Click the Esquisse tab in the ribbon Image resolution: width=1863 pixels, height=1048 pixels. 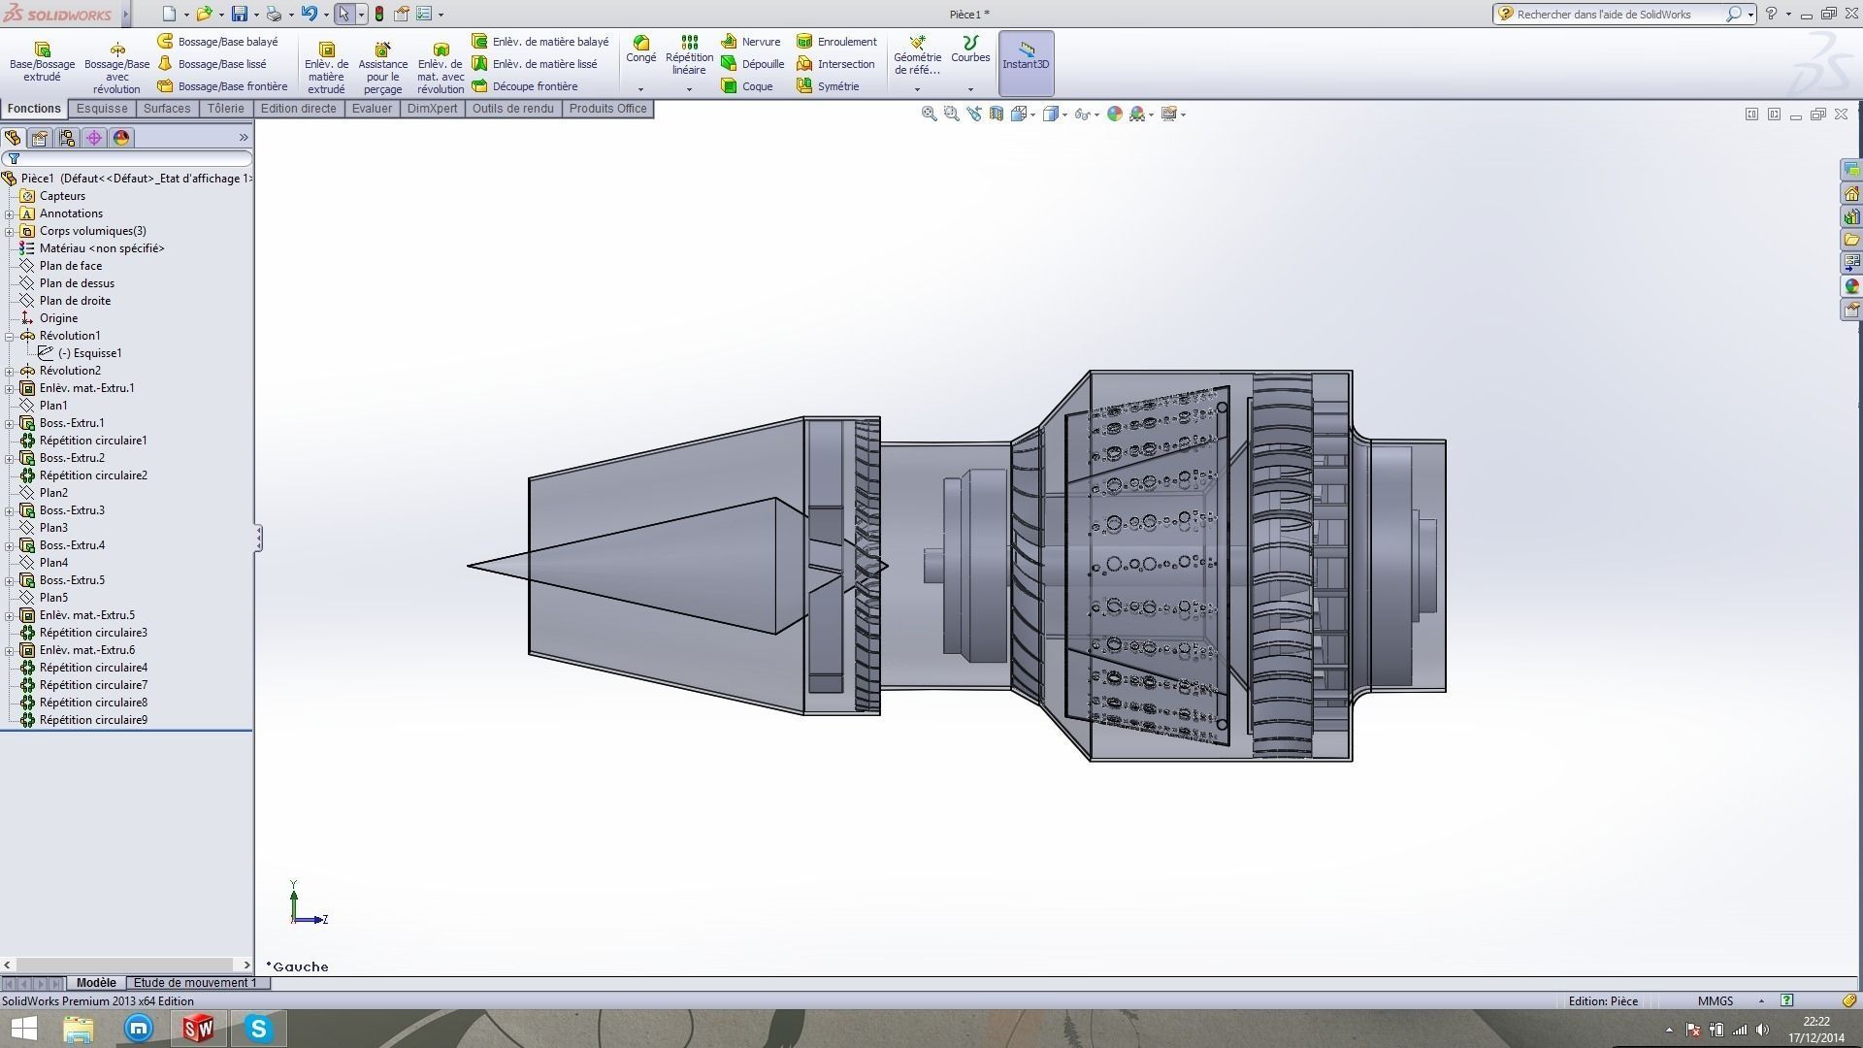[x=102, y=109]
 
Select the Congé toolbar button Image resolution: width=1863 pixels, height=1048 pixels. [x=640, y=49]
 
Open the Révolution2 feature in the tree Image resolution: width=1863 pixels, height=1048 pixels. [x=70, y=371]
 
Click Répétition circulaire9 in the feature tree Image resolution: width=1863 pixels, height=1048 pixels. [x=93, y=720]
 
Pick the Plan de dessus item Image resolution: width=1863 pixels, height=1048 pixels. [x=77, y=283]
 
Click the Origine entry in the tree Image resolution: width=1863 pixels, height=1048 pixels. [x=58, y=318]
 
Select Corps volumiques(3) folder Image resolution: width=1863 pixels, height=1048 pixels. [x=92, y=231]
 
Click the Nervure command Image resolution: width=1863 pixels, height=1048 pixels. [x=751, y=42]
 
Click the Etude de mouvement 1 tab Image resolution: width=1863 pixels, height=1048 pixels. [x=195, y=983]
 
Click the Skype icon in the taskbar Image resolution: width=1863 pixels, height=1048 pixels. [x=258, y=1029]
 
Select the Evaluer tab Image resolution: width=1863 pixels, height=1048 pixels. [x=372, y=109]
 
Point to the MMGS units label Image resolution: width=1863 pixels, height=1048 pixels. [x=1715, y=1001]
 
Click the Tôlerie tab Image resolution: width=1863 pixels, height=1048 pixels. [x=225, y=109]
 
